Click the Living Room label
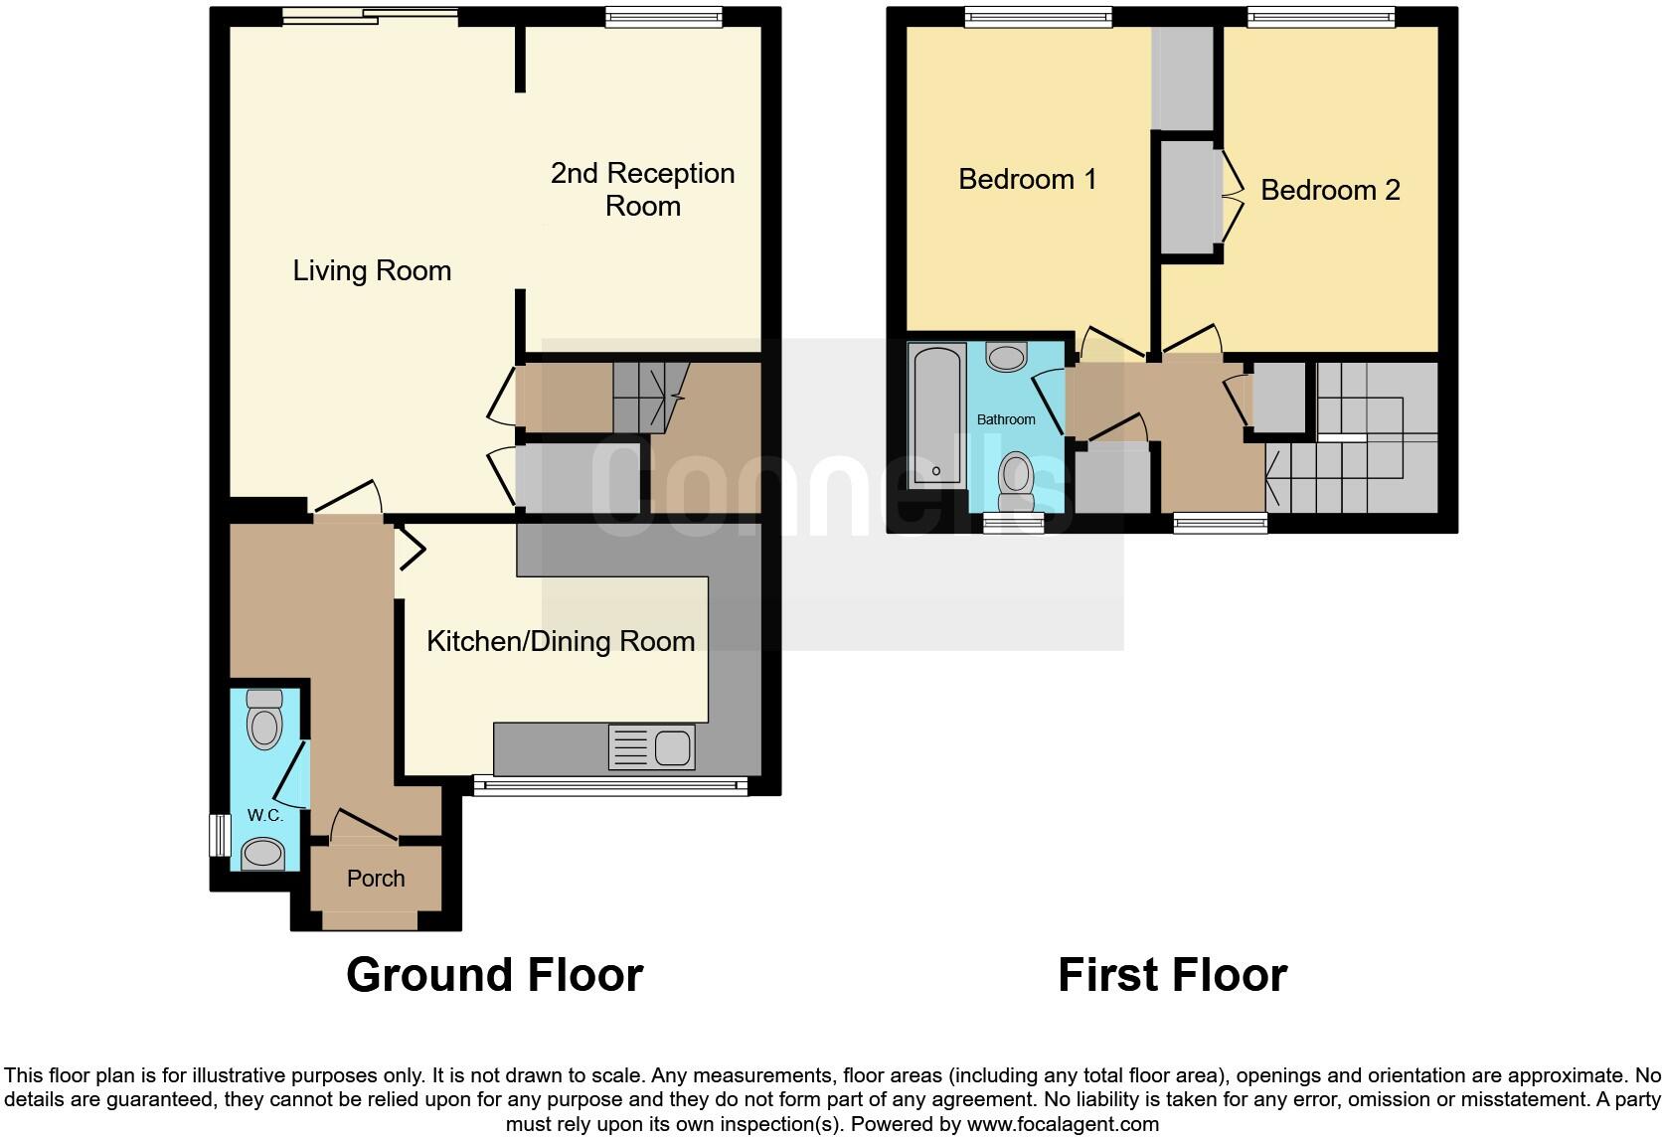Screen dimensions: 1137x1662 coord(372,270)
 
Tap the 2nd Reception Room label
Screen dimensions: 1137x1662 coord(642,189)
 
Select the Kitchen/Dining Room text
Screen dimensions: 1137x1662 coord(560,641)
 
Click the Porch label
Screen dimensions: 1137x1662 coord(376,879)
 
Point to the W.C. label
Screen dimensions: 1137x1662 coord(265,815)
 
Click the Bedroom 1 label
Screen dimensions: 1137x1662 coord(1027,179)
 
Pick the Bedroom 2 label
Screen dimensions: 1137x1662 coord(1330,190)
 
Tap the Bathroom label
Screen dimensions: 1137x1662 coord(1006,419)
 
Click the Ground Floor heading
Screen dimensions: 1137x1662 coord(494,975)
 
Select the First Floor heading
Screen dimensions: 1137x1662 coord(1172,975)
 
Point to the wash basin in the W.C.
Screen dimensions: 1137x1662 coord(262,853)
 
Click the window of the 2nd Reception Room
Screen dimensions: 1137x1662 coord(664,17)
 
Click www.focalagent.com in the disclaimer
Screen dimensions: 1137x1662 coord(1062,1125)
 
